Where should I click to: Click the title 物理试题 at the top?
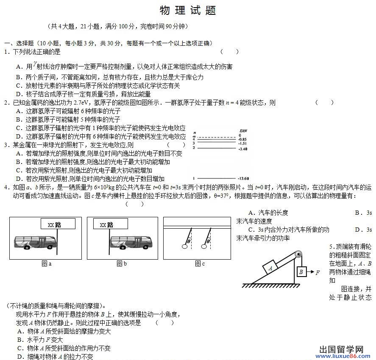tap(188, 11)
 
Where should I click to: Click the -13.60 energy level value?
tap(243, 178)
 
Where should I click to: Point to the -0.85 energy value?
tap(242, 139)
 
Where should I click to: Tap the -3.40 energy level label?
tap(242, 149)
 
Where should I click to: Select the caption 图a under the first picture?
tap(46, 264)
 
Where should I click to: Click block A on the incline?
tap(270, 268)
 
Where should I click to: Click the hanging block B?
tap(301, 271)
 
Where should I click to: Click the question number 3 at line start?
tap(6, 145)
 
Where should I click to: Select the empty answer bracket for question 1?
tap(229, 52)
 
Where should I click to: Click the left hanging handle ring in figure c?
tap(184, 246)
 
